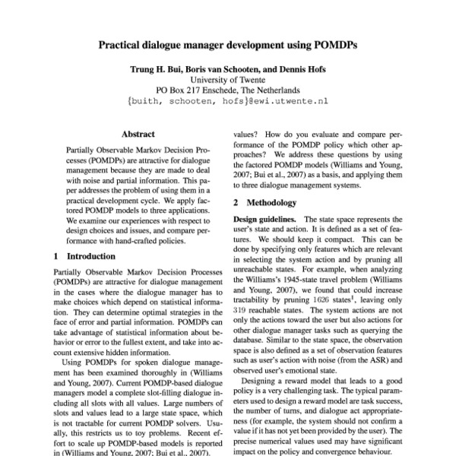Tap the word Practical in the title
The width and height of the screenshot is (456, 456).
[x=125, y=45]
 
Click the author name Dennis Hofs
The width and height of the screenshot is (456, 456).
[x=299, y=69]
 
